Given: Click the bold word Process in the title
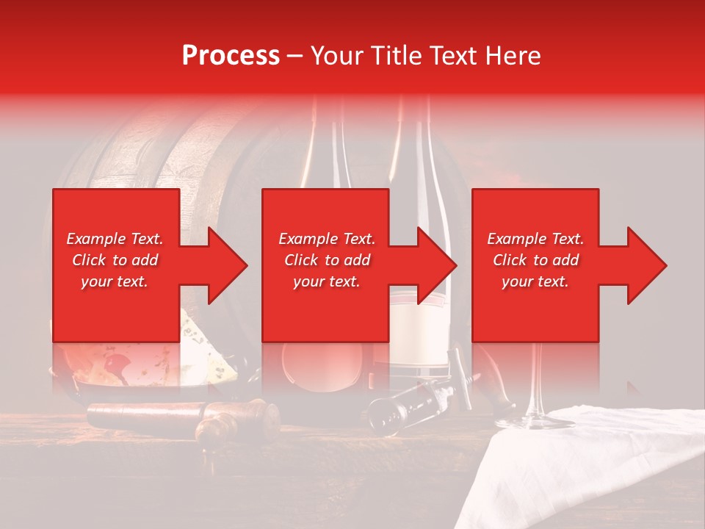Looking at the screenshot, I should point(231,56).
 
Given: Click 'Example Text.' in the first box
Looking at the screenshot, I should point(115,239).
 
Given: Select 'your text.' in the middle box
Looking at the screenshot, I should point(326,281).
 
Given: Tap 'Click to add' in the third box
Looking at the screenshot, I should point(535,260).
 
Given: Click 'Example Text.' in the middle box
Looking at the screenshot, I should point(326,239).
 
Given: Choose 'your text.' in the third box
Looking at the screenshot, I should point(535,281).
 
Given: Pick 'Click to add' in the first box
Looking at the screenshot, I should point(115,260).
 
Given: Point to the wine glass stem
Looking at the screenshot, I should point(534,382).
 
